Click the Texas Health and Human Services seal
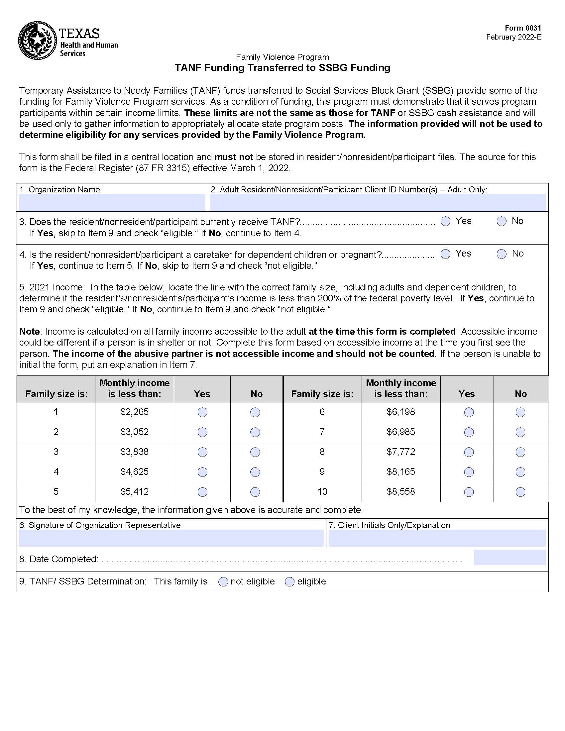pos(37,41)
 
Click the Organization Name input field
pos(112,202)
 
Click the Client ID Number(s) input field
pos(378,202)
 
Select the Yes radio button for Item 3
pos(445,221)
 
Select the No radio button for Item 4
pos(501,254)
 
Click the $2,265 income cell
pos(134,412)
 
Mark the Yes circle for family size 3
pos(202,452)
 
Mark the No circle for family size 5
pos(255,492)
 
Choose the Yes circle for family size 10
pos(469,492)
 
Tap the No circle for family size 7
pos(520,432)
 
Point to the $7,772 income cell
pos(401,452)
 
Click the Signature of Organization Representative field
pos(171,538)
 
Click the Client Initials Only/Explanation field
pos(437,538)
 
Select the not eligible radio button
pos(223,582)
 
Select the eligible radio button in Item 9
pos(289,582)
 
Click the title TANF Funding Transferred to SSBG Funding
pos(282,68)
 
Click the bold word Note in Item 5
pos(30,331)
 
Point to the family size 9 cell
pos(322,472)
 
